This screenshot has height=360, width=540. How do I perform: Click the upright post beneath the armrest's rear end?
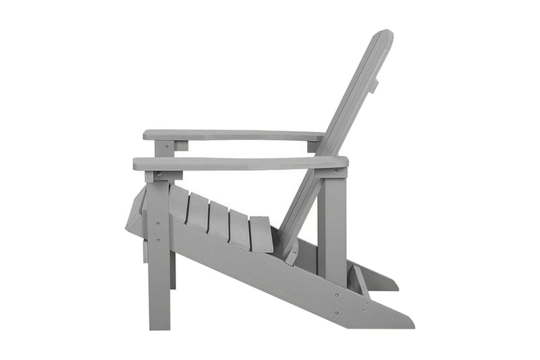(x=331, y=223)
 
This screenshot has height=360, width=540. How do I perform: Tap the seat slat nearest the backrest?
(x=261, y=234)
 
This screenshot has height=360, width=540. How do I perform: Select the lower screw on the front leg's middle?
(x=159, y=239)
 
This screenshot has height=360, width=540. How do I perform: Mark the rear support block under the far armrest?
(x=313, y=147)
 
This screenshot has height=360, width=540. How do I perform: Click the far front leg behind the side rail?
(x=173, y=270)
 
